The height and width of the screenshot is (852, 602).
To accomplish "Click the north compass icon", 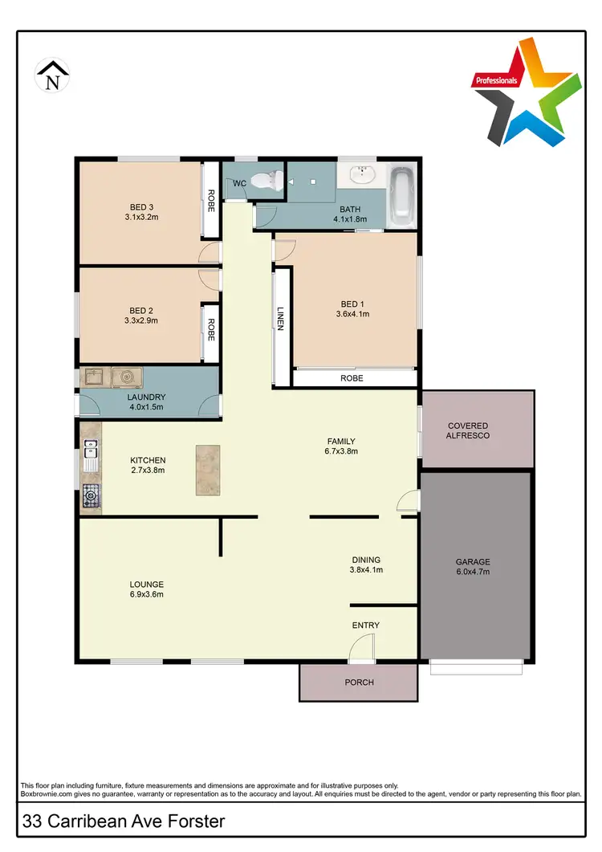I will [x=52, y=75].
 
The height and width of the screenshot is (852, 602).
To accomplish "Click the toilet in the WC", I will [x=264, y=181].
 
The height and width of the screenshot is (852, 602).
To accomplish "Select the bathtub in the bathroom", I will [x=401, y=197].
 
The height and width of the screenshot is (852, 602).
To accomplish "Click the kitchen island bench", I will [x=207, y=470].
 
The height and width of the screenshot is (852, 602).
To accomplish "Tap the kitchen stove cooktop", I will [x=90, y=497].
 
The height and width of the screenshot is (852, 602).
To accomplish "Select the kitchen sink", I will [x=90, y=456].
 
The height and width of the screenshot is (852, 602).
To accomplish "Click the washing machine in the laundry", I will [x=125, y=377].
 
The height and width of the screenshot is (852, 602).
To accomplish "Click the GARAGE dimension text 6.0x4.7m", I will [x=473, y=573].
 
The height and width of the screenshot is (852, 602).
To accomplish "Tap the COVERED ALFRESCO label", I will [x=468, y=430].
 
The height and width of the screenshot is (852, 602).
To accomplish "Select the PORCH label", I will [x=358, y=683].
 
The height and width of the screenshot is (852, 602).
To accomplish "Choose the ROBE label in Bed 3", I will [x=210, y=199].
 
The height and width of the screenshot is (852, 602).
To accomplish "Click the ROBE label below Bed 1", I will [x=352, y=377].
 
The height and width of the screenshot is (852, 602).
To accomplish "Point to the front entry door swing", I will [x=363, y=646].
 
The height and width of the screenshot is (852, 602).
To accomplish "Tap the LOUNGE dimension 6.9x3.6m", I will [x=147, y=595].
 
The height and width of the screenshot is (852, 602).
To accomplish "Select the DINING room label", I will [x=366, y=560].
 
